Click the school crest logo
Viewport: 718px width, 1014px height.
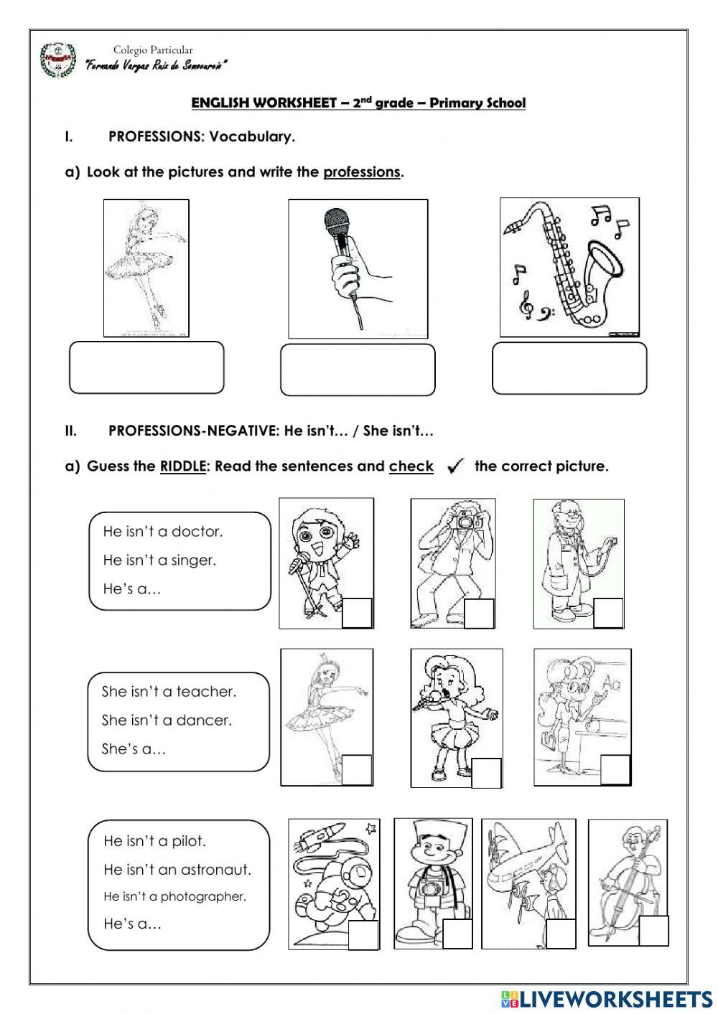tap(58, 60)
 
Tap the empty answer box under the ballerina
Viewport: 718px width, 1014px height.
tap(146, 367)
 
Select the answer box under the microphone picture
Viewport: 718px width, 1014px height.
tap(358, 370)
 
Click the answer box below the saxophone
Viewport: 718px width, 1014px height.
tap(569, 368)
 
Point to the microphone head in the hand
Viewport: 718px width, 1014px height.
tap(337, 224)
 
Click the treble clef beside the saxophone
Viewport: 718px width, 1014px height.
tap(526, 305)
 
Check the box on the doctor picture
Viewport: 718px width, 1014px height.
tap(608, 613)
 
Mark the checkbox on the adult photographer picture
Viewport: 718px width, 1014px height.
tap(480, 614)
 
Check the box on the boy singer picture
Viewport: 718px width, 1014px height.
tap(357, 613)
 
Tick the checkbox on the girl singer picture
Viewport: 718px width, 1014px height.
tap(487, 773)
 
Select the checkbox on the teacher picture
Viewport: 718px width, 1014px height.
tap(615, 769)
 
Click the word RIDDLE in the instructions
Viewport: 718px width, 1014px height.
tap(183, 466)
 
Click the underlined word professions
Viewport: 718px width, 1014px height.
tap(362, 172)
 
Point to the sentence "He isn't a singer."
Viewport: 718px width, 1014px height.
tap(159, 560)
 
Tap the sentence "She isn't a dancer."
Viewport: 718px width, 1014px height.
tap(167, 720)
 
